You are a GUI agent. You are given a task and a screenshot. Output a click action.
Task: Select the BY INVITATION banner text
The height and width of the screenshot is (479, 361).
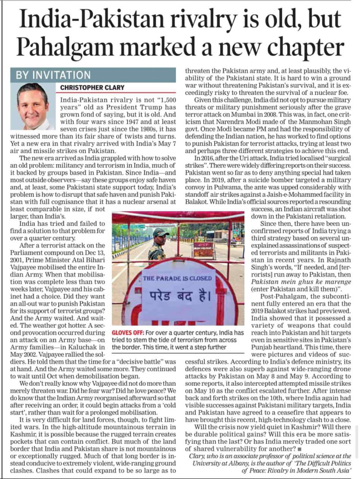(53, 75)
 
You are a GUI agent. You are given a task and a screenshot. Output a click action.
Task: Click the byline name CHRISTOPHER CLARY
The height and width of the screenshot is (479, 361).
(92, 88)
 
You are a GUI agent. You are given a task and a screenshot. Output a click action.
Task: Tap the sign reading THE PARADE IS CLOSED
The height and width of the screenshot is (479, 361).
(177, 278)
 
